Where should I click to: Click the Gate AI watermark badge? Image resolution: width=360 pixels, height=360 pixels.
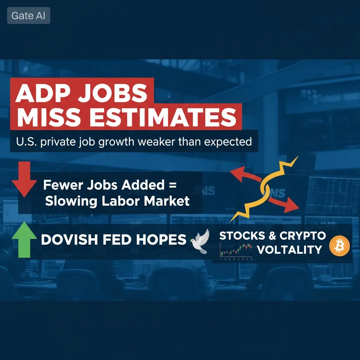pos(29,15)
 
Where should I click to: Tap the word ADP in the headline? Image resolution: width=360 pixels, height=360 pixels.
pos(40,93)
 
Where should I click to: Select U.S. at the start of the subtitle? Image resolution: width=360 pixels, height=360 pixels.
pos(26,142)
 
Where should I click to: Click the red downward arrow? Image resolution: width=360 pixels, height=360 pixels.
pos(24,179)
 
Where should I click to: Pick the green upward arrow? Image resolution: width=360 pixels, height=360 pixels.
pos(24,239)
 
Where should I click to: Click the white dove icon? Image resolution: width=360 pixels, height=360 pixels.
pos(200,242)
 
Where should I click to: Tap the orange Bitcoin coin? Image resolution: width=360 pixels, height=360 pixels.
pos(339,246)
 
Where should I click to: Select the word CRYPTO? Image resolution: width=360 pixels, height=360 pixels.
pos(303,236)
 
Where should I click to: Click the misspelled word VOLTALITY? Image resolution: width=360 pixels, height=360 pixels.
pos(290,250)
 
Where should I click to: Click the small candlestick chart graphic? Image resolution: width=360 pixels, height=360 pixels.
pos(236,251)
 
